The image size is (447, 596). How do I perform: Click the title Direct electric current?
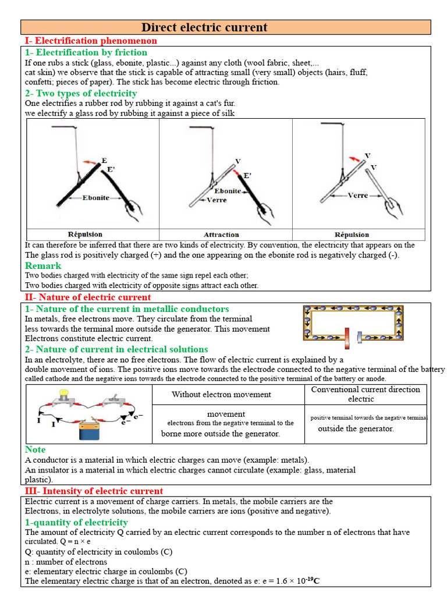tap(204, 27)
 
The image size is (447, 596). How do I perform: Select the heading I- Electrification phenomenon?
tap(91, 41)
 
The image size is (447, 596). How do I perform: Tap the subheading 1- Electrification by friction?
tap(86, 52)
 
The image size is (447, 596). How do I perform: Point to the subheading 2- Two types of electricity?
tap(81, 93)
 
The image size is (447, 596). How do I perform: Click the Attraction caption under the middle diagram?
tap(221, 235)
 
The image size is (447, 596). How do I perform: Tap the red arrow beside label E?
tap(90, 162)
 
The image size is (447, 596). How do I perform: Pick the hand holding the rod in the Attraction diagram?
tap(265, 207)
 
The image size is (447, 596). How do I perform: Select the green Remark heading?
tap(43, 265)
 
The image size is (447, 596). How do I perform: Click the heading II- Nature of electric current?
tap(87, 297)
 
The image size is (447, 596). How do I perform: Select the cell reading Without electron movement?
tap(221, 395)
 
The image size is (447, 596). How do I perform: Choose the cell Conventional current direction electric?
tap(365, 394)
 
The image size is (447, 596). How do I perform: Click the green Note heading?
tap(35, 449)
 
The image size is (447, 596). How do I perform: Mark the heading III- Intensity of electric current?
tap(94, 491)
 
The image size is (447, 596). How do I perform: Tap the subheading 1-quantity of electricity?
tap(76, 522)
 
